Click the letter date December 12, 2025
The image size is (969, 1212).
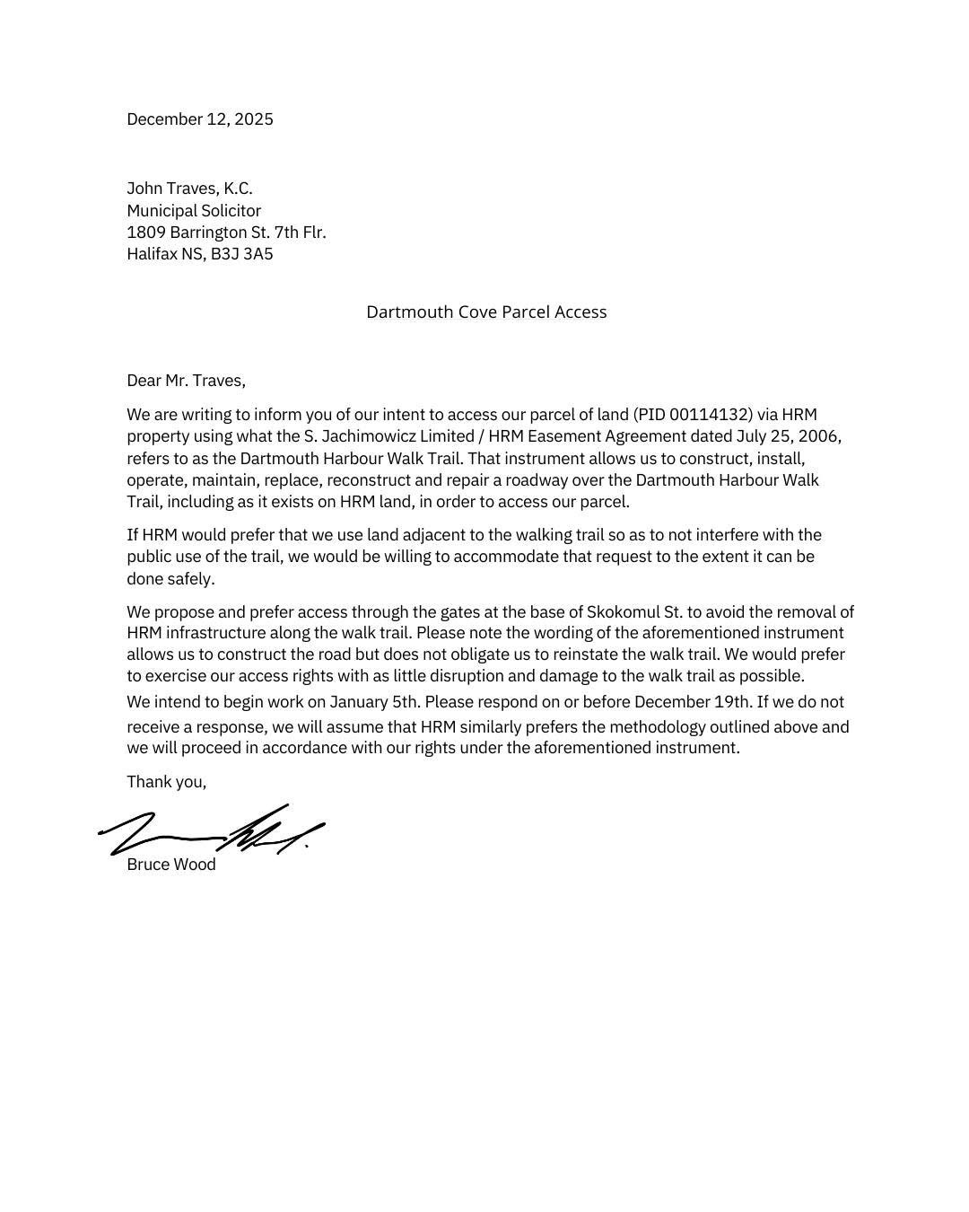pos(200,119)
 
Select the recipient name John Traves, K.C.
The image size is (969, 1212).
pos(189,189)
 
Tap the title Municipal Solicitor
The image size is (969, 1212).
pos(194,211)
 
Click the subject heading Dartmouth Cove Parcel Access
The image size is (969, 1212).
pos(486,312)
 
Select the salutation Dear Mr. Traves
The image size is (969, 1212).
pos(186,381)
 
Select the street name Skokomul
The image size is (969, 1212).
pos(623,612)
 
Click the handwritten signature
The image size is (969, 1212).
pos(211,830)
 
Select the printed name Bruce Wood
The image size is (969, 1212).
pos(171,865)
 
